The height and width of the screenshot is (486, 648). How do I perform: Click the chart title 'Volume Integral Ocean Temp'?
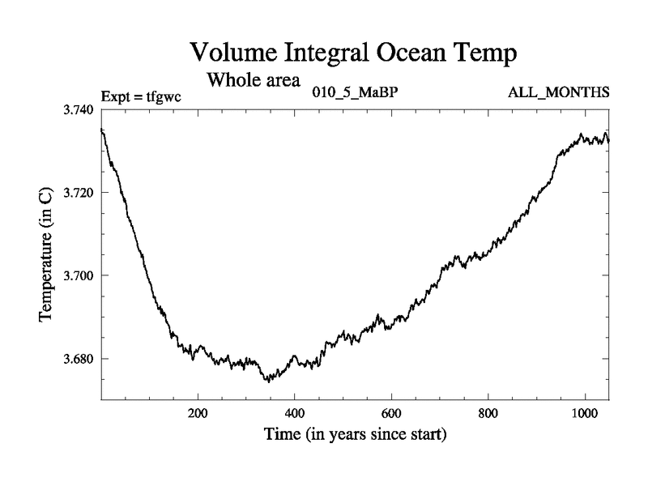tap(353, 53)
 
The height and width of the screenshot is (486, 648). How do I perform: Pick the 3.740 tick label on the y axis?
tap(79, 109)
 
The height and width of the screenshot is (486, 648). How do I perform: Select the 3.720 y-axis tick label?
tap(79, 193)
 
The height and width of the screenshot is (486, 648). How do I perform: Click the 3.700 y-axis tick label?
tap(79, 275)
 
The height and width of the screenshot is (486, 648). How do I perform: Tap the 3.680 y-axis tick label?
tap(79, 359)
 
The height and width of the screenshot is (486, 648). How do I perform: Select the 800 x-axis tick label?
tap(488, 412)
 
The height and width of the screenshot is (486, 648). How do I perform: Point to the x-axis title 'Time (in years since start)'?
tap(356, 434)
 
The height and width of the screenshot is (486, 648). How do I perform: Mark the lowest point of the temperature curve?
tap(268, 381)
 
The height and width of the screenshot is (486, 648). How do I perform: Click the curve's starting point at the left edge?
tap(101, 129)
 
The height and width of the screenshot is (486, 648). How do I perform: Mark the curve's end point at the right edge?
tap(608, 140)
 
